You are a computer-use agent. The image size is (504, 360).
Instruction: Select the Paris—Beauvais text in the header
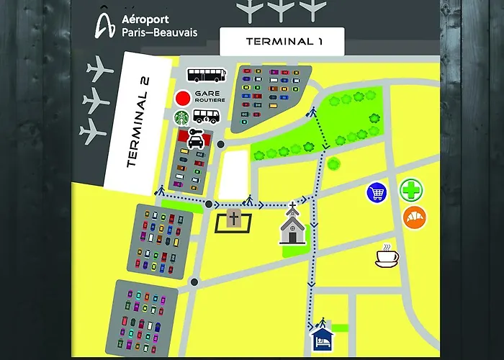160,32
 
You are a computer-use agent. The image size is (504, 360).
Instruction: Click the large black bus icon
207,74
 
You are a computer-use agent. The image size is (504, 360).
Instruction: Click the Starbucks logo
181,117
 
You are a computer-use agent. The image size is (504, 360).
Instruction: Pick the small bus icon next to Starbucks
206,117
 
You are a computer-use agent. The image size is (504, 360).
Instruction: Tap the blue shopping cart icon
376,192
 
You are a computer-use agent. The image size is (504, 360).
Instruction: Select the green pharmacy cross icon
411,191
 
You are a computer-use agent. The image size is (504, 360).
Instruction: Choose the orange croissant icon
415,217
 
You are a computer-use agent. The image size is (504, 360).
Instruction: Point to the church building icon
293,226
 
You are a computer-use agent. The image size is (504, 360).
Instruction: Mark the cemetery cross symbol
233,219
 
